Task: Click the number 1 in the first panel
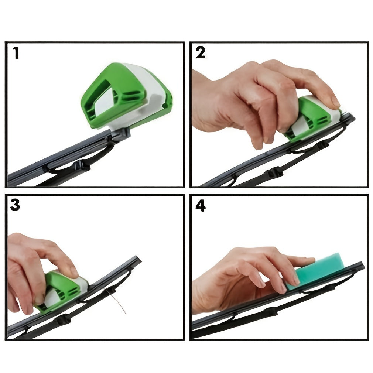16,54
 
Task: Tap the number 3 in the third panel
15,205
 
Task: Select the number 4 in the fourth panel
200,206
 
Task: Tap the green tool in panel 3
61,290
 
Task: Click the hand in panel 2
251,96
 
